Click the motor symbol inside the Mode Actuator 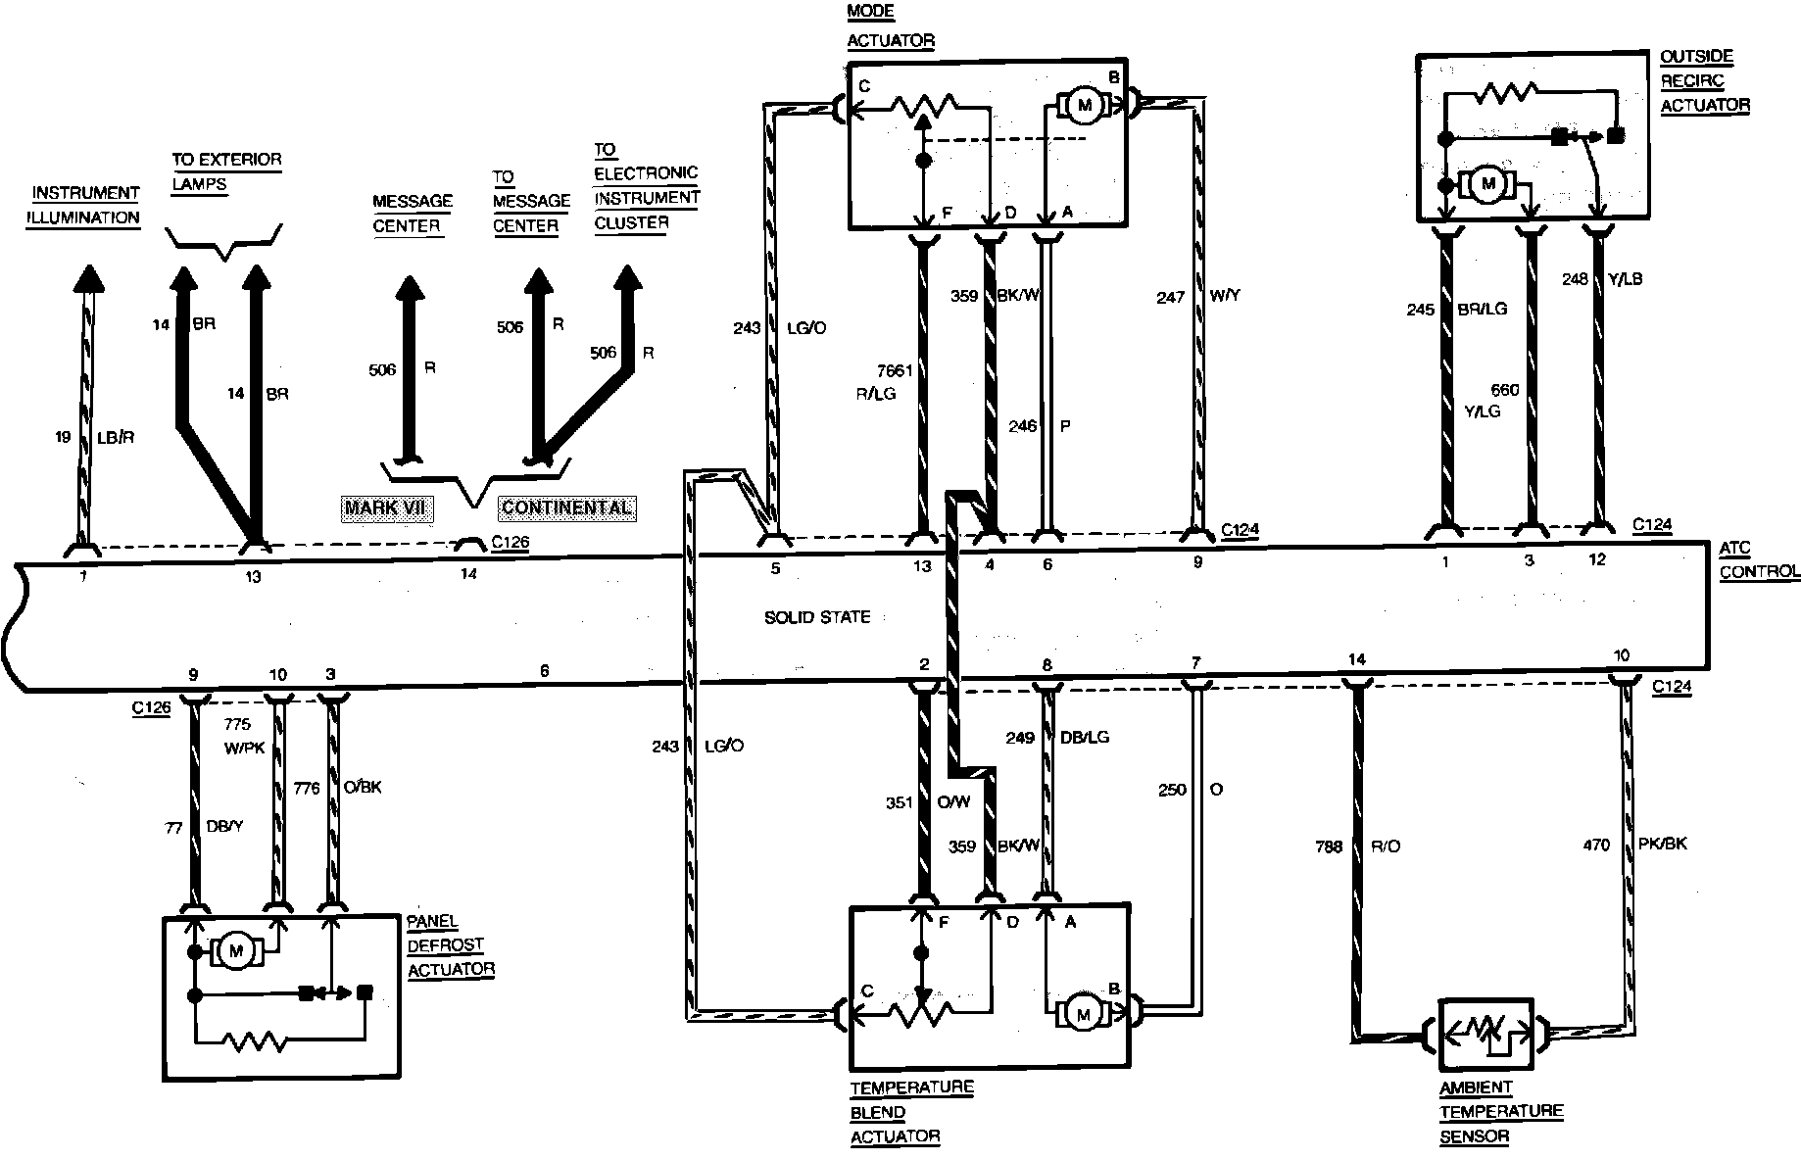pos(1084,105)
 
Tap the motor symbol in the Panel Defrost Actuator pos(234,949)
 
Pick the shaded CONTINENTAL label pos(566,507)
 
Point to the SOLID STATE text pos(817,617)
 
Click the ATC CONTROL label pos(1759,560)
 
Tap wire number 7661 pos(894,370)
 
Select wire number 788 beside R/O pos(1329,846)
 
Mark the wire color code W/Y pos(1226,295)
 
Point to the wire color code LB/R pos(117,437)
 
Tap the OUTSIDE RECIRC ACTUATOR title pos(1705,80)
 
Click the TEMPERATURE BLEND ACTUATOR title pos(911,1112)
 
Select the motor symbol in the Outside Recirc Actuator pos(1488,183)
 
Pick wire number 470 pos(1596,844)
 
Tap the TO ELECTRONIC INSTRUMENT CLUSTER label pos(646,186)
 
